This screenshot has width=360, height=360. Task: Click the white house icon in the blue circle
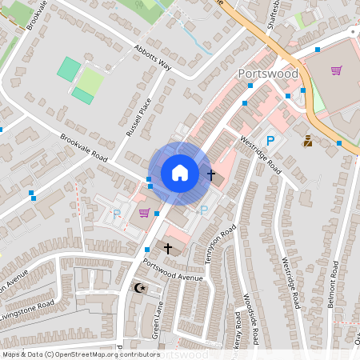tap(180, 173)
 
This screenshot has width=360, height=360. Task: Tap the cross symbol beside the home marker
tap(211, 174)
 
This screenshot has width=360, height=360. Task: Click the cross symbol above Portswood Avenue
tap(167, 249)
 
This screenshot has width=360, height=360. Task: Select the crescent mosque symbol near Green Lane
tap(140, 287)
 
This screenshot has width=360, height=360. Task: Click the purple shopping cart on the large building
tap(336, 70)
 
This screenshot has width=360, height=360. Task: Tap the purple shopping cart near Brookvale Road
tap(144, 213)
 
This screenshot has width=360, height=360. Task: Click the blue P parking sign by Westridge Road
tap(270, 141)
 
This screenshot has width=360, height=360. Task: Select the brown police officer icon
tap(307, 142)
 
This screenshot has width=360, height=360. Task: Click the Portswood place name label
tap(268, 74)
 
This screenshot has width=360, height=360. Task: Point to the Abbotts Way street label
tap(153, 56)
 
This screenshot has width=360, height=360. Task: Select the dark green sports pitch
tap(69, 69)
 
